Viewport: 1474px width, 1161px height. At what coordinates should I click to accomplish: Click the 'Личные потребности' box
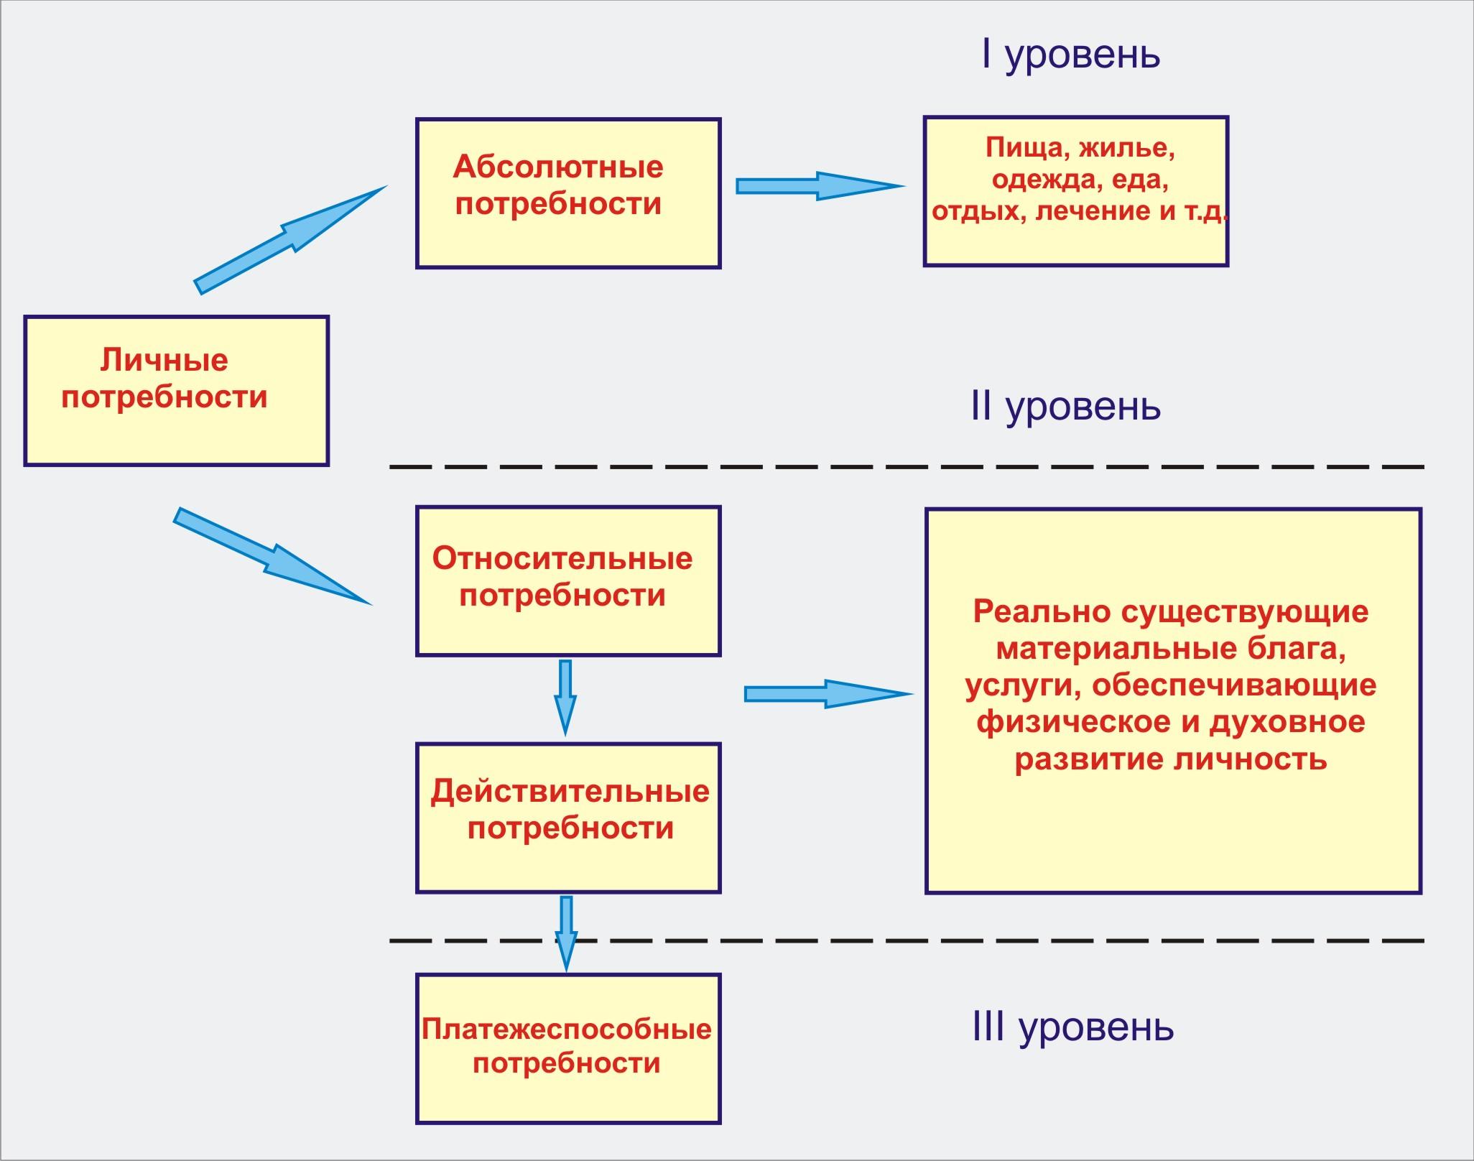click(x=176, y=391)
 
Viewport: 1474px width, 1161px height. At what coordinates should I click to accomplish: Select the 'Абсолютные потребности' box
click(x=568, y=193)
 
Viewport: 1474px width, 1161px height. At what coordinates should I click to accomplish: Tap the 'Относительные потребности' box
click(x=568, y=581)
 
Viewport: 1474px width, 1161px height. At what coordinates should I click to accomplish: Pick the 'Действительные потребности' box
click(x=568, y=818)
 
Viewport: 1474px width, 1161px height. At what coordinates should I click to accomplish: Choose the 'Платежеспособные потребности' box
click(x=568, y=1048)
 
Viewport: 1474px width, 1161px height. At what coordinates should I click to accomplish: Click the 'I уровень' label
click(x=1070, y=55)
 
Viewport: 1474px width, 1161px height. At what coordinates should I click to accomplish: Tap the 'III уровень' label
click(x=1073, y=1028)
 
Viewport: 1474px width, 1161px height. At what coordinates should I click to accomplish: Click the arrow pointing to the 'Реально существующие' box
click(x=826, y=694)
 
